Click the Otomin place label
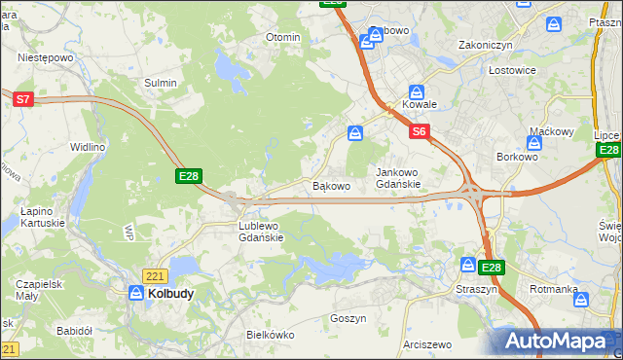283,37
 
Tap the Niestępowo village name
46,57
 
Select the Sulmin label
161,83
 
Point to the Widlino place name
87,147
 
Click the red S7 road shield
24,98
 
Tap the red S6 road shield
419,131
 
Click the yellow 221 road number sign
154,276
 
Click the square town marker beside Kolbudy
136,291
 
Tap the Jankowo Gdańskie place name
398,178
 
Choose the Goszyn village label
348,318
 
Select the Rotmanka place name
554,290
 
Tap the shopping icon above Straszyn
468,266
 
